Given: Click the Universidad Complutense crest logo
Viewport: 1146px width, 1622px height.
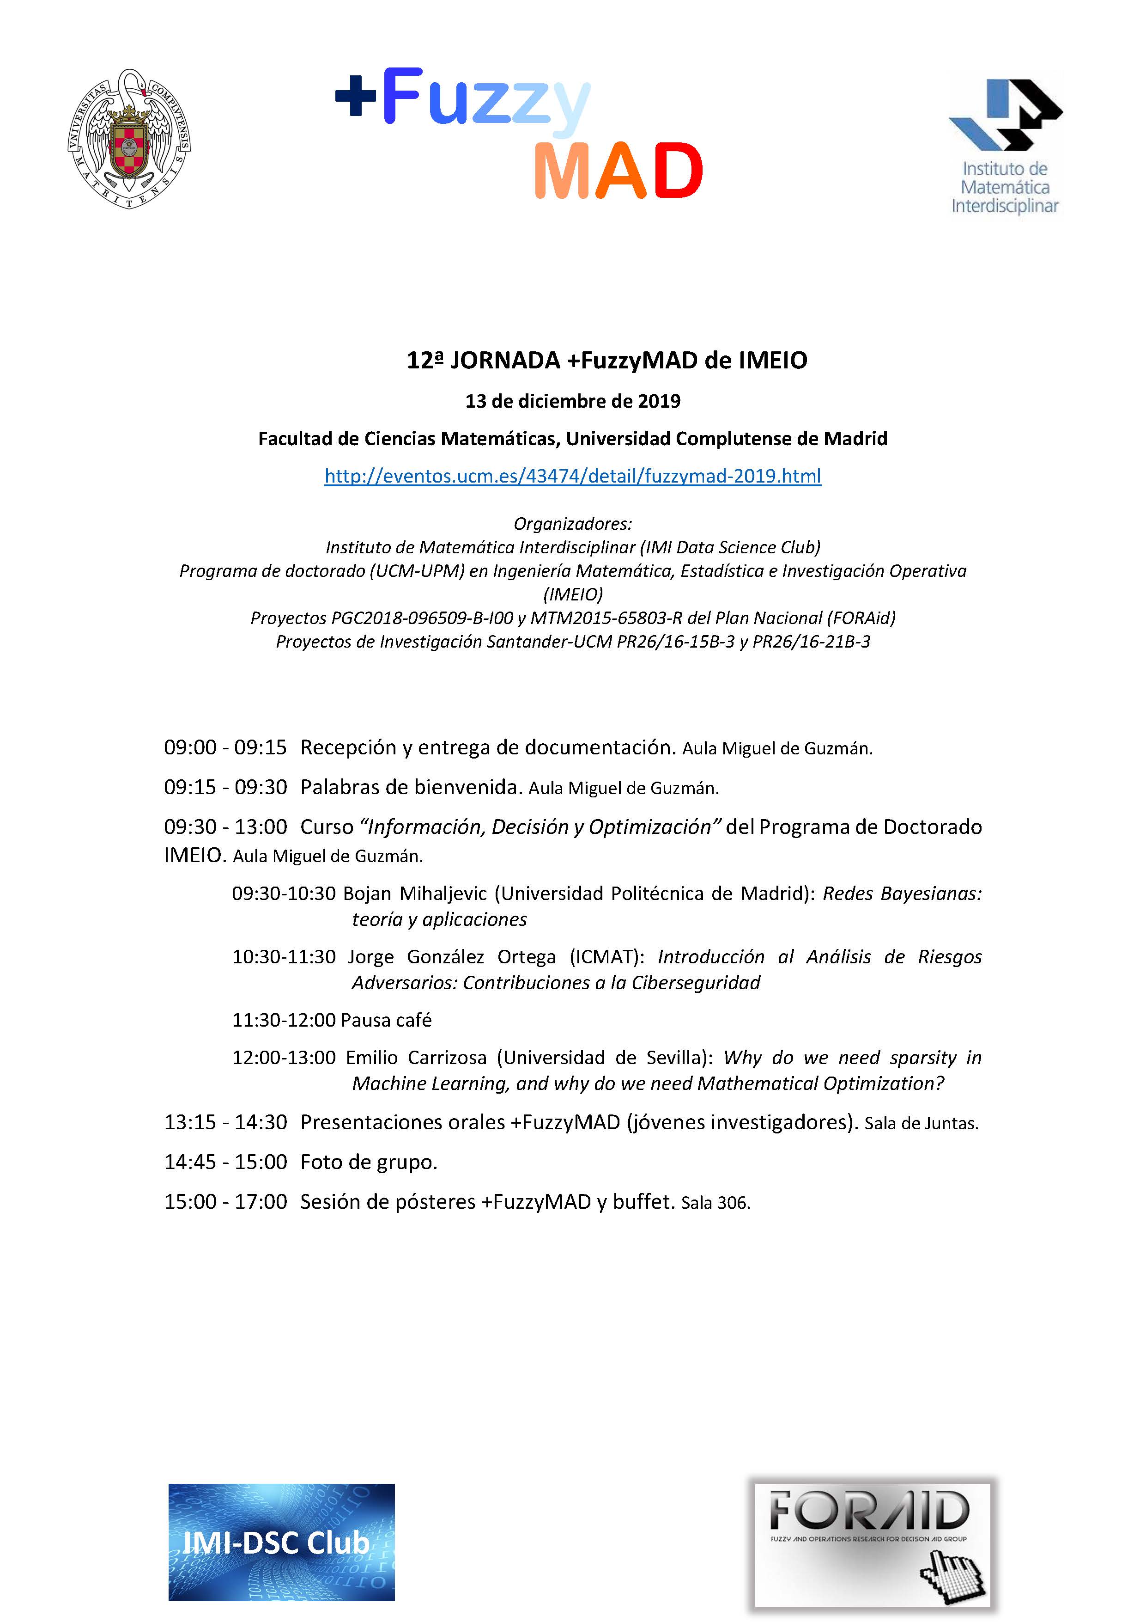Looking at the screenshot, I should coord(129,139).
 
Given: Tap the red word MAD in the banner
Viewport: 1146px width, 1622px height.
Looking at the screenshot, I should coord(618,171).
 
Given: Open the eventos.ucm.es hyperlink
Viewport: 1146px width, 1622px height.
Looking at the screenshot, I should coord(573,476).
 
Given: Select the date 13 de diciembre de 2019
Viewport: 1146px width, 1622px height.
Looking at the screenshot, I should coord(573,401).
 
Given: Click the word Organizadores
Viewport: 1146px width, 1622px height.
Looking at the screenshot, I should coord(573,523).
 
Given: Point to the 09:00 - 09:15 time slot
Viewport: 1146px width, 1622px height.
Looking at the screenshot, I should coord(225,747).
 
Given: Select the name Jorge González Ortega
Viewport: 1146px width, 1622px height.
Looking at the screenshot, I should coord(452,957).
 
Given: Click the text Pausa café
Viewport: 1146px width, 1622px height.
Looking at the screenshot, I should coord(386,1020).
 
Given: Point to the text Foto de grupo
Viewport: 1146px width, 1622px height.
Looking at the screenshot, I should coord(369,1162).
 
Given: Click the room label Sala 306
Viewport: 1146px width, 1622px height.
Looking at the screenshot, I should coord(715,1202).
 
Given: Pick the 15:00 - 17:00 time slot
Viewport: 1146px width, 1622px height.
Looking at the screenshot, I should coord(225,1202).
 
